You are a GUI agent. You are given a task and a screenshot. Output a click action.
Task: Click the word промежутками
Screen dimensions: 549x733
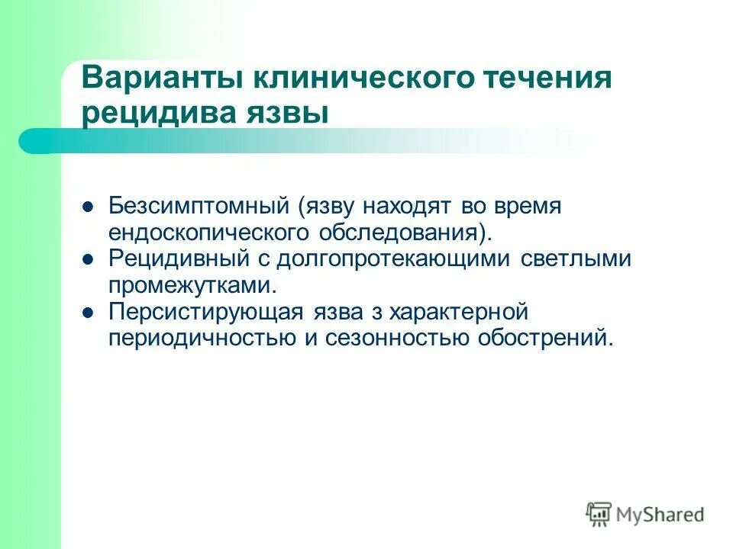(191, 286)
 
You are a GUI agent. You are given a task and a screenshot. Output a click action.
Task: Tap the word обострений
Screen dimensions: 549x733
(545, 339)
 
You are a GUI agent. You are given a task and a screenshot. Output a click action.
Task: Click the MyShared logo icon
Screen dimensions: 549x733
(599, 515)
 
